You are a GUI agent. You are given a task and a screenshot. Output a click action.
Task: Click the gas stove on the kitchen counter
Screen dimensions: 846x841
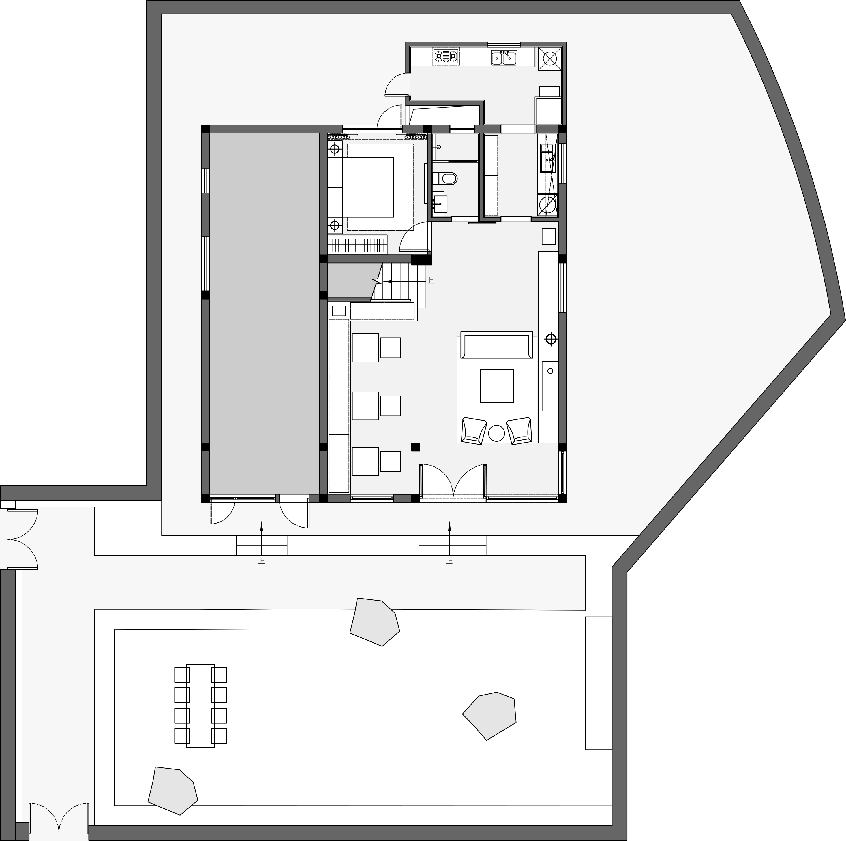click(446, 57)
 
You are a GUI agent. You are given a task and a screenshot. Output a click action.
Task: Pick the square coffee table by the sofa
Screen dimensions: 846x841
click(497, 386)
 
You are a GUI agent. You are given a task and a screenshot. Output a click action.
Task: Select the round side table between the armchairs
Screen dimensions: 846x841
click(497, 433)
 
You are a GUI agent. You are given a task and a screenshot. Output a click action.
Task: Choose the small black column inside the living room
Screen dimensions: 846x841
click(416, 447)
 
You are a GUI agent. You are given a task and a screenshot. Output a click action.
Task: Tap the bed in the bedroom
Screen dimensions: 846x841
click(368, 187)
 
